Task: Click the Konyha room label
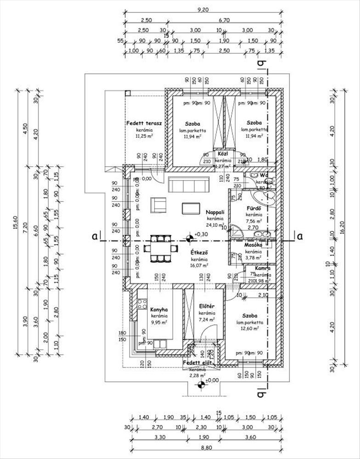(159, 309)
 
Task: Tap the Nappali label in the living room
(215, 213)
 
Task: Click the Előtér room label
(208, 306)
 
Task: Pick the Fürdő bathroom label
(253, 207)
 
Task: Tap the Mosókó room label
(253, 245)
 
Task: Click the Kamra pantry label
(263, 268)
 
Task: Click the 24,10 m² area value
(215, 225)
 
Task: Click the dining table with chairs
(160, 248)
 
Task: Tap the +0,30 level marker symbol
(189, 238)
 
